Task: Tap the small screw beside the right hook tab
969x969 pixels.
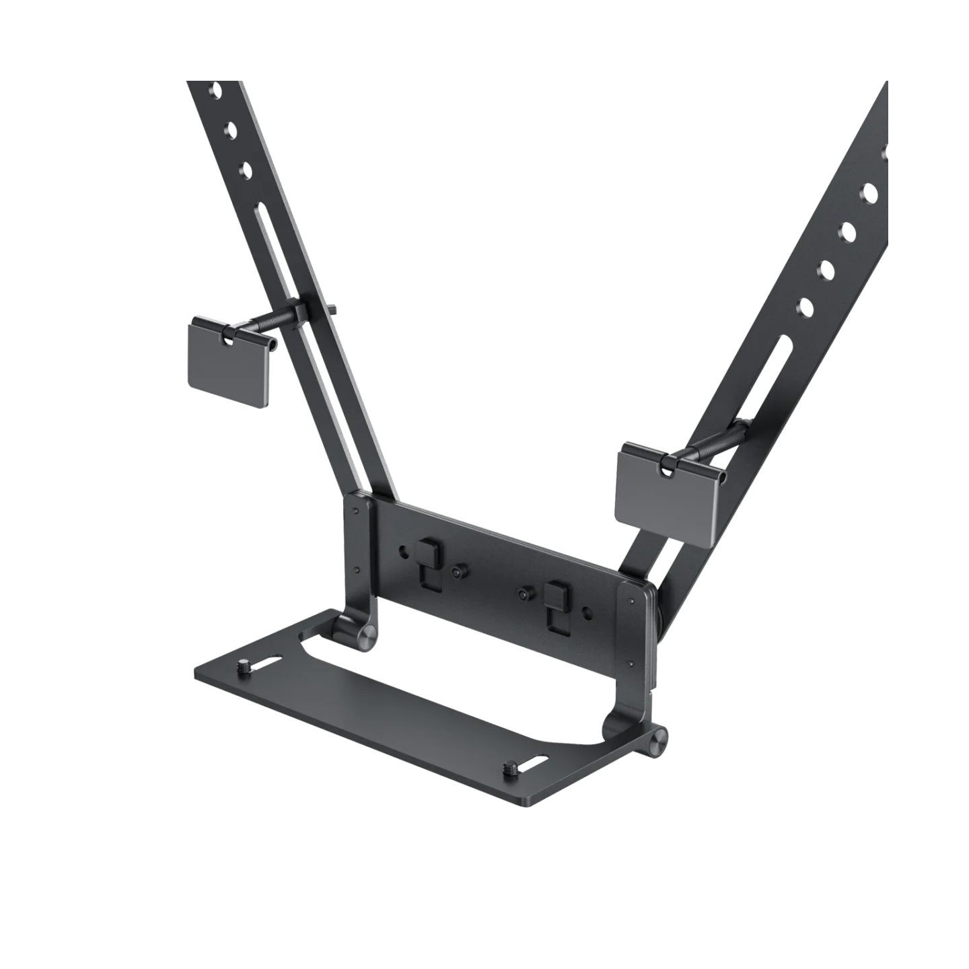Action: point(524,595)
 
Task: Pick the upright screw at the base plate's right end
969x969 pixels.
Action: point(508,766)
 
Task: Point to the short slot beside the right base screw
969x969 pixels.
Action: point(536,765)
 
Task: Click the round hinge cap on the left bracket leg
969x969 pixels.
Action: point(367,636)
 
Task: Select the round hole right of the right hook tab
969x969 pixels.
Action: point(589,612)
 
